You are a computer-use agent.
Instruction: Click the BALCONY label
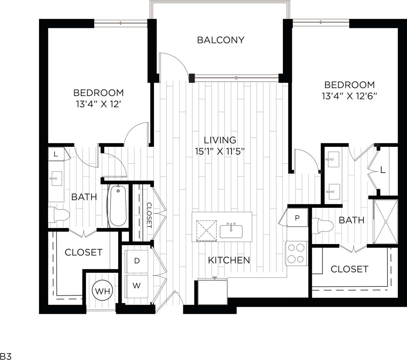click(220, 40)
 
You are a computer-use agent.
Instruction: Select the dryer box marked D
click(137, 261)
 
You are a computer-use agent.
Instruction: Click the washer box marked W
click(137, 286)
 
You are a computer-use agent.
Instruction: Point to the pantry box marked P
click(297, 218)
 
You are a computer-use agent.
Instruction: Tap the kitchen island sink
click(231, 231)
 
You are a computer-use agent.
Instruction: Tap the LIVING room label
click(220, 140)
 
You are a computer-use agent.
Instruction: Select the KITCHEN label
click(229, 260)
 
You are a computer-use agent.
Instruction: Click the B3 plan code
click(6, 356)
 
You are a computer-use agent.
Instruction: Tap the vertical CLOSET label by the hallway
click(149, 215)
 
